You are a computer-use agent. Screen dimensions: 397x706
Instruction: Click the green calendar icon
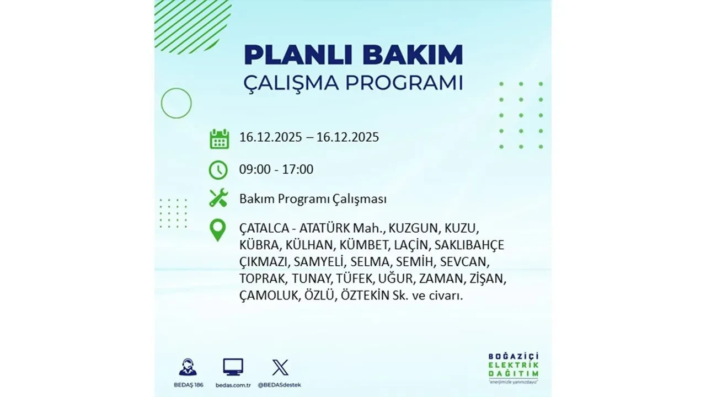[x=219, y=138]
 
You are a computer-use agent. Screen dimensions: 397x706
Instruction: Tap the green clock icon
[x=218, y=170]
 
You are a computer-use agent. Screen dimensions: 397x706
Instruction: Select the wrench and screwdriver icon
[x=218, y=198]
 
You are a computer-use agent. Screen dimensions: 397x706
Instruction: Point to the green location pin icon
[x=218, y=230]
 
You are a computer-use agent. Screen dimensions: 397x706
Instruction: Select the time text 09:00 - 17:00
[x=276, y=169]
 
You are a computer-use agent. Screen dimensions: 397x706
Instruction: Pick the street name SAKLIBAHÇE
[x=469, y=245]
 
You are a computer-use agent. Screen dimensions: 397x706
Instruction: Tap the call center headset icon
[x=188, y=367]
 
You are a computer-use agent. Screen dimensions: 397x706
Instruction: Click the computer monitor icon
[x=233, y=367]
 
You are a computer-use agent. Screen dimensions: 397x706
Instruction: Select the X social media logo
[x=280, y=367]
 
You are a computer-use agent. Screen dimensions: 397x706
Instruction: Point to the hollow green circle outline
[x=176, y=103]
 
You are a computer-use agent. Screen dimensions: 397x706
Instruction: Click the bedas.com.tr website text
[x=233, y=384]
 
